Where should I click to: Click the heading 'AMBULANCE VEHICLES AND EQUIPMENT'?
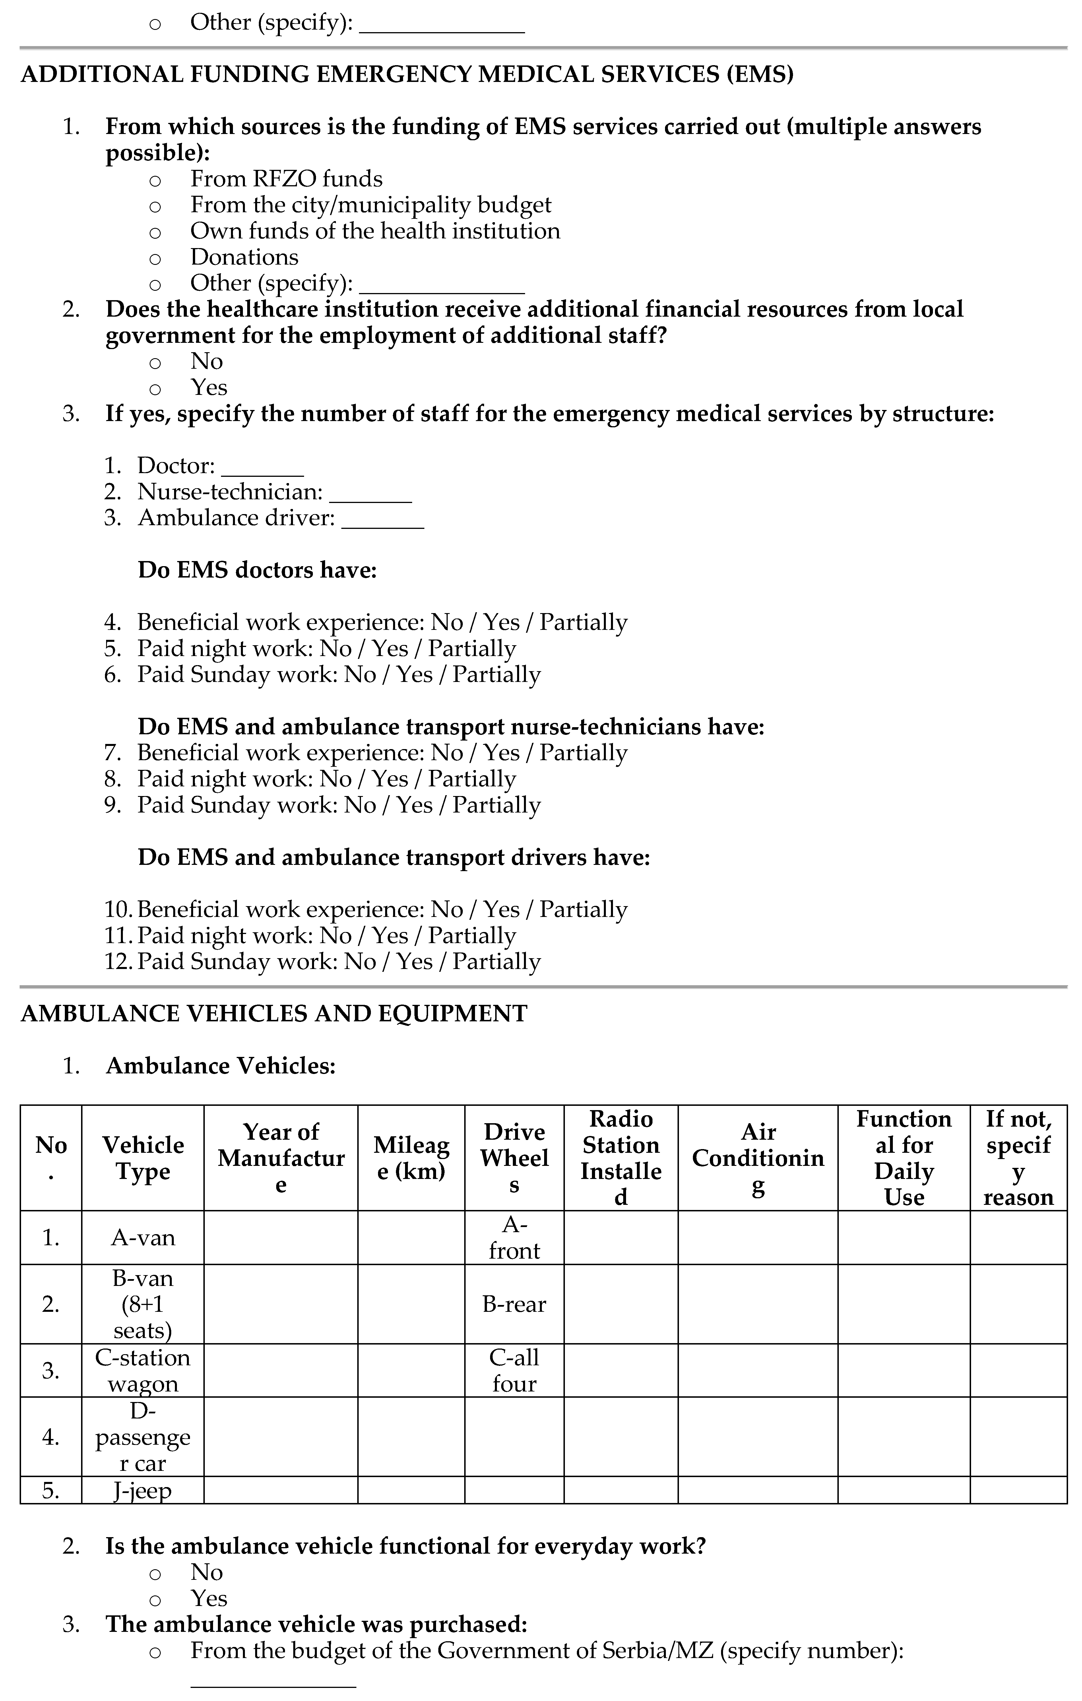274,1014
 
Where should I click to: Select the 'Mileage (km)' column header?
411,1158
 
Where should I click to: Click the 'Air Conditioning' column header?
758,1158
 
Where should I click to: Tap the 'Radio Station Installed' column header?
621,1158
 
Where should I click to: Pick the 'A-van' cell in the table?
143,1238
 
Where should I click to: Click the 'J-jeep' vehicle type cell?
143,1490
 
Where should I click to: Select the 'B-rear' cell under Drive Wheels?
514,1304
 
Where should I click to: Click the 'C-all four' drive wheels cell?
514,1370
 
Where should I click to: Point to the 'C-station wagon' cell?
143,1370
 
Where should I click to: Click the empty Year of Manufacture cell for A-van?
280,1238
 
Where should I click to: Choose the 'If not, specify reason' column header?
1018,1158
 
